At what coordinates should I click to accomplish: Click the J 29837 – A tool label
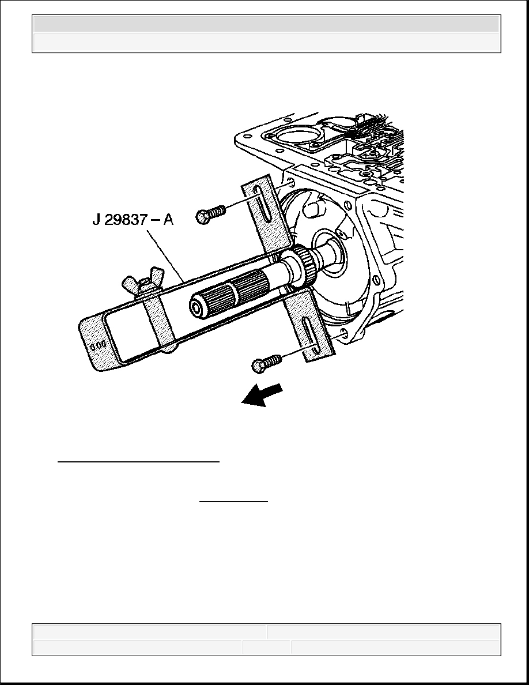[133, 219]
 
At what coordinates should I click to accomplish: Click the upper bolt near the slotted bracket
[211, 213]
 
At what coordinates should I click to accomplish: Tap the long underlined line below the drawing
[138, 461]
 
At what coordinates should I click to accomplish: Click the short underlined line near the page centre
[233, 502]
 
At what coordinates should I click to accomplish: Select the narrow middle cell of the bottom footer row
[267, 647]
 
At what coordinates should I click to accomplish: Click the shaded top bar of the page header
[266, 24]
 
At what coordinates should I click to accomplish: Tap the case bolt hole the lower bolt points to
[342, 334]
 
